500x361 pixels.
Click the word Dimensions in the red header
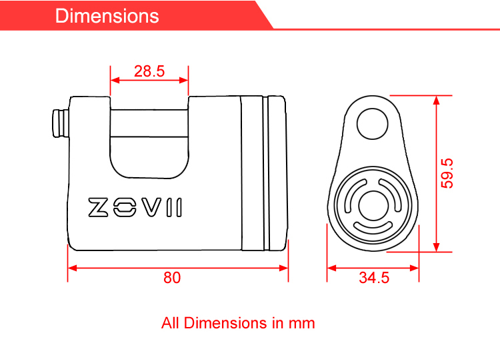pos(107,16)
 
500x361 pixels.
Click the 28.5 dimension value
pos(149,71)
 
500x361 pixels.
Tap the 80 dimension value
pos(172,278)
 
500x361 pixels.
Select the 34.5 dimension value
pos(374,278)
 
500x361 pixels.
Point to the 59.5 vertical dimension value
pos(447,173)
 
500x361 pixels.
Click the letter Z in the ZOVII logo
pos(98,207)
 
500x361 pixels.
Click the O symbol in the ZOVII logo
pos(125,207)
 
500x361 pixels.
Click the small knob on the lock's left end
pos(61,124)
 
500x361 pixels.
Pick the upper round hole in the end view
pos(372,124)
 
